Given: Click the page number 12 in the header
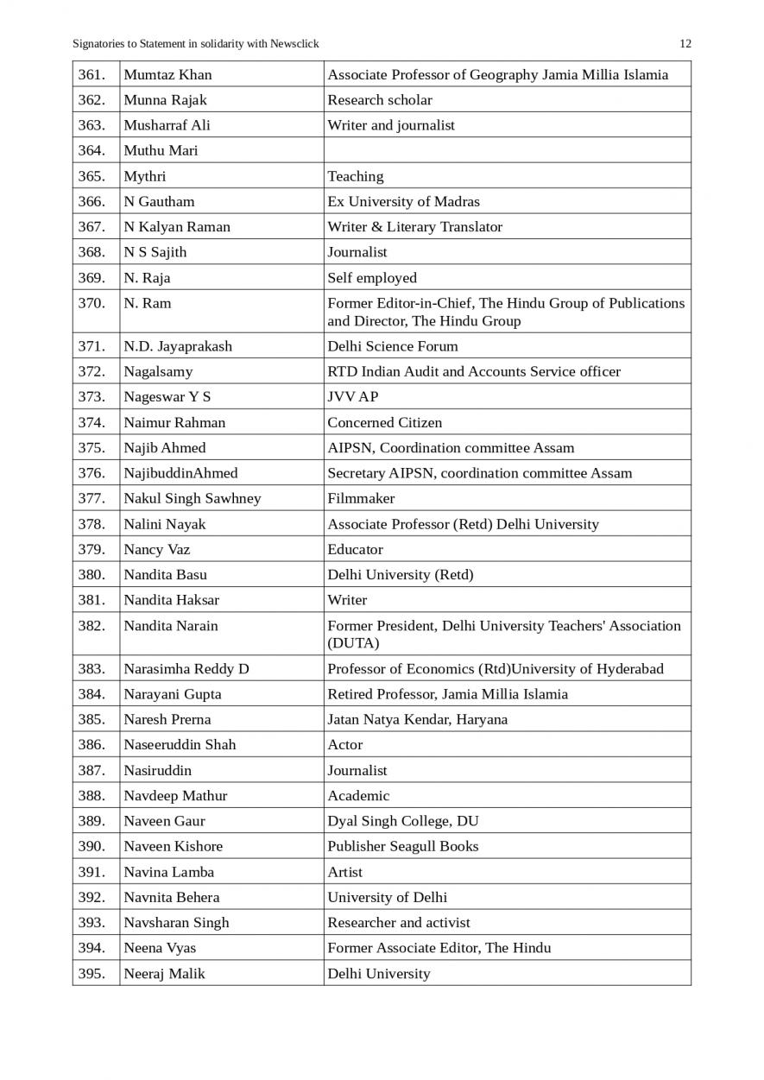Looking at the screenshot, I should point(685,44).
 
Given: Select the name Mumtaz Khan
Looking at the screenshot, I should point(167,75).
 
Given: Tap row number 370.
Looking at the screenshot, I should point(92,303).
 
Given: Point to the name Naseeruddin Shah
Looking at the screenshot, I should point(180,745).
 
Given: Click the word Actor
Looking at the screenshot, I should point(345,745).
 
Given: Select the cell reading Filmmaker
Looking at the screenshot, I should point(361,499).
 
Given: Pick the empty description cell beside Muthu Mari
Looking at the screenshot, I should point(507,150).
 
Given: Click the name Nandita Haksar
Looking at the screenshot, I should point(171,600).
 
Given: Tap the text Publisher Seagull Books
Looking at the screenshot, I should point(402,847).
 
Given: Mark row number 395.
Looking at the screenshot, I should point(92,974).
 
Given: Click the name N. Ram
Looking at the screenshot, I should point(148,303).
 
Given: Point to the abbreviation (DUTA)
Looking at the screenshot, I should point(354,644).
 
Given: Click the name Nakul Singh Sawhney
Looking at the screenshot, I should point(192,499).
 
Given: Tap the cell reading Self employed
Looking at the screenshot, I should point(372,278).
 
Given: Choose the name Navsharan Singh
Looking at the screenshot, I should point(176,923).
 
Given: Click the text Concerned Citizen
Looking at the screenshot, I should point(385,423).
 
